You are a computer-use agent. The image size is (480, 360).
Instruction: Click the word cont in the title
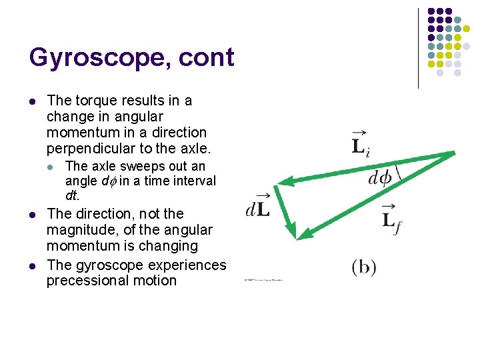207,59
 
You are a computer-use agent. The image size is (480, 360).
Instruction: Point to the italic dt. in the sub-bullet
72,196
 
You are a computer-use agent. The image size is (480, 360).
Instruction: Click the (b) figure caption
364,268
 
